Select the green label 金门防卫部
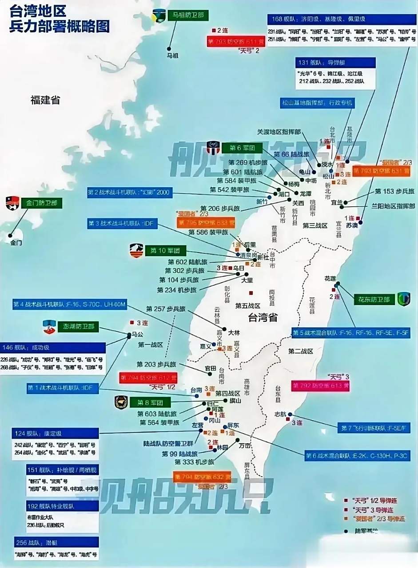42,204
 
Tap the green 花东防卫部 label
374,300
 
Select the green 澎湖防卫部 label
79,327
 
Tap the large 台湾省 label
263,317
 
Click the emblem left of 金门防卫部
12,203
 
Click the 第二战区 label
300,351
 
